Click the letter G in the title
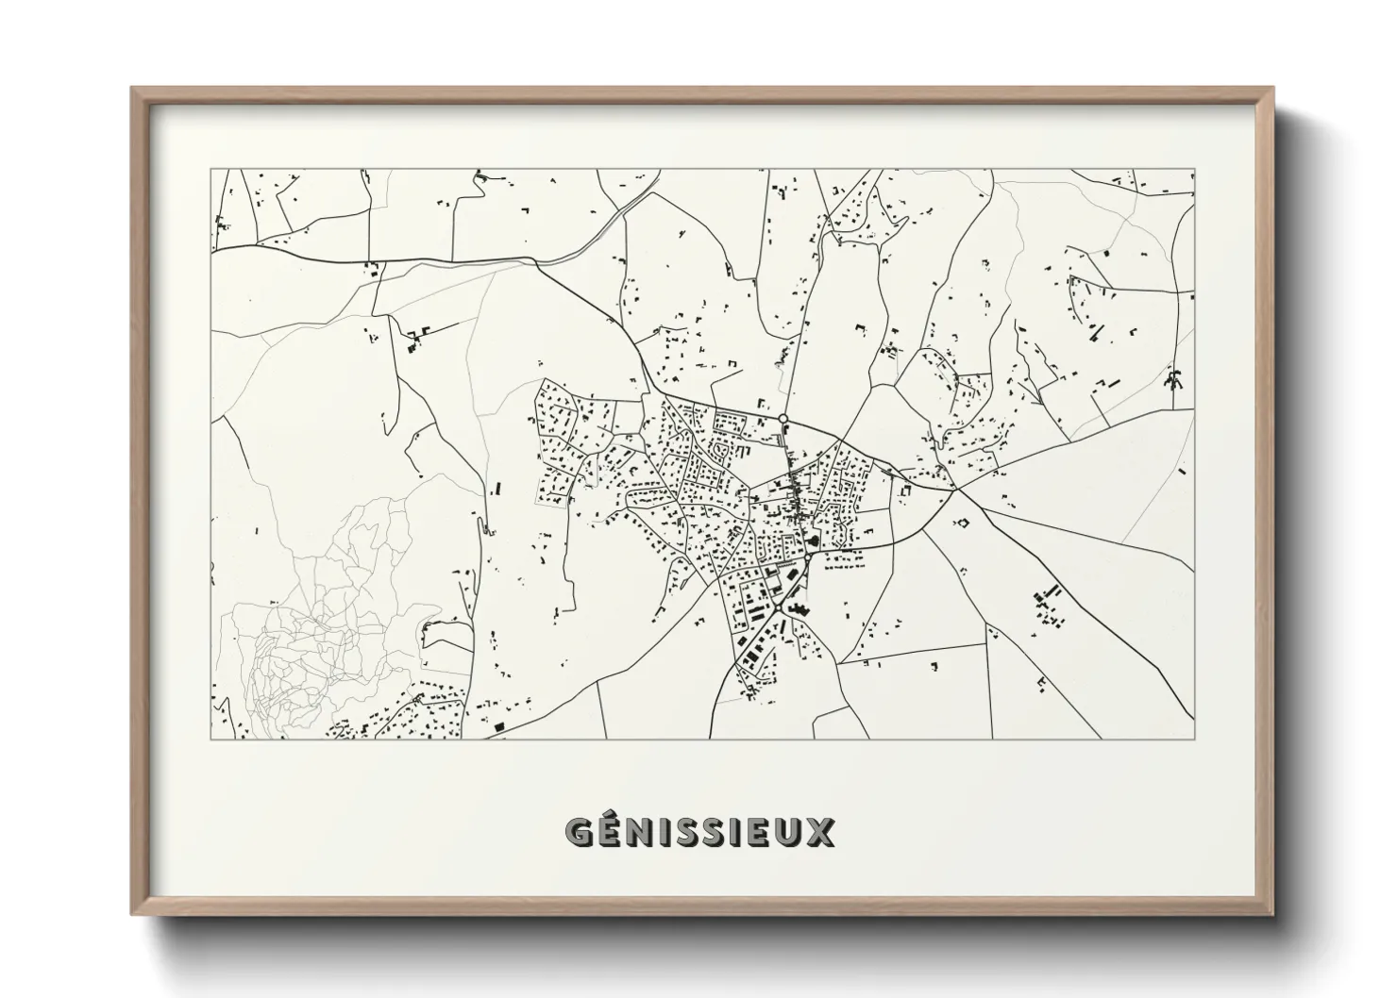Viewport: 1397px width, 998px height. [x=579, y=833]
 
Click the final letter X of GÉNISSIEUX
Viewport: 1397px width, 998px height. [x=820, y=833]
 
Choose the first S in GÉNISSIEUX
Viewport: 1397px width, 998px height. [x=685, y=833]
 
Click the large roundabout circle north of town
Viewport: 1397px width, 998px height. [x=783, y=418]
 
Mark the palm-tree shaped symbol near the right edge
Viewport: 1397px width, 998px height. [x=1174, y=381]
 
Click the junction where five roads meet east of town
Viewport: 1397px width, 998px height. [x=955, y=489]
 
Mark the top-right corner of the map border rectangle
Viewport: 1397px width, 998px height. [x=1194, y=170]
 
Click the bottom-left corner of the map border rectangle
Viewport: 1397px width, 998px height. [x=212, y=739]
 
